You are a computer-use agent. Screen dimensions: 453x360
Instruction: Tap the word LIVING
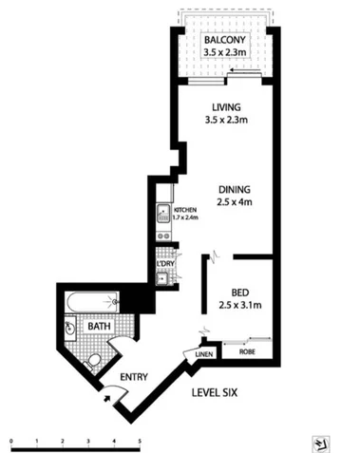click(x=225, y=106)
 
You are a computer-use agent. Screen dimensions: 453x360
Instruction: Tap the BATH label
click(x=99, y=326)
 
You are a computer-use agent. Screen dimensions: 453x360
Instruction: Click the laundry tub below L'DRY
click(x=162, y=277)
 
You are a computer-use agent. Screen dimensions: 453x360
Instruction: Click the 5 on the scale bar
click(x=140, y=443)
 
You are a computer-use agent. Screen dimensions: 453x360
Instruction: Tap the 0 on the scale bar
click(x=10, y=443)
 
